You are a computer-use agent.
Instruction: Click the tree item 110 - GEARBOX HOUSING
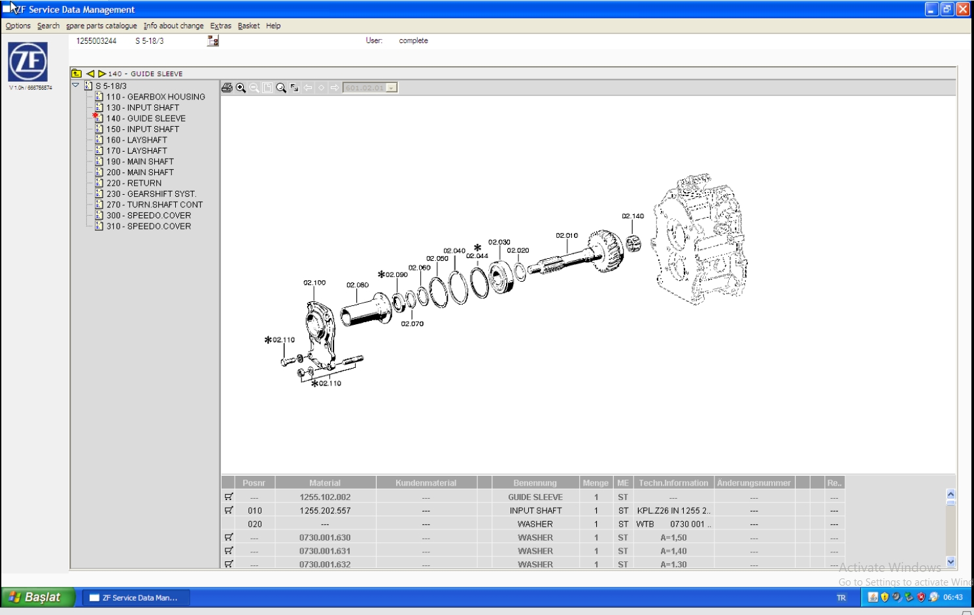[156, 97]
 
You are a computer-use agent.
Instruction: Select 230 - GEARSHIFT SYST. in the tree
[151, 194]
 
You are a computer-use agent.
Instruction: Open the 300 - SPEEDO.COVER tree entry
[148, 216]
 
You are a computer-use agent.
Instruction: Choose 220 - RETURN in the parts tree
[133, 184]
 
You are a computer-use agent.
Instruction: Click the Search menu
[48, 26]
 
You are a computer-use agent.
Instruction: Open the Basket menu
[248, 26]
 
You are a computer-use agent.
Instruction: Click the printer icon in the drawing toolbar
[227, 88]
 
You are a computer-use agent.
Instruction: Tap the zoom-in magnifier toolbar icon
[241, 88]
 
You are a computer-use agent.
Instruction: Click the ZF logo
[27, 62]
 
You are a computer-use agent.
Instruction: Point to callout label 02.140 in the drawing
[633, 216]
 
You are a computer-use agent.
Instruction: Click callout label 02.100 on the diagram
[314, 283]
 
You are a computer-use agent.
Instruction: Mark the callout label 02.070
[412, 324]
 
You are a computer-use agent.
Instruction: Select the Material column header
[325, 483]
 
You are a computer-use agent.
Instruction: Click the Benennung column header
[535, 483]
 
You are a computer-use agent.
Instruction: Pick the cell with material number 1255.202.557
[325, 511]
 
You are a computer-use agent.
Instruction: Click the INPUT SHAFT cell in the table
[535, 511]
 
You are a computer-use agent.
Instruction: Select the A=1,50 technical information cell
[673, 538]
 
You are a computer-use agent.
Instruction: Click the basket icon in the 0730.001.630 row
[229, 537]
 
